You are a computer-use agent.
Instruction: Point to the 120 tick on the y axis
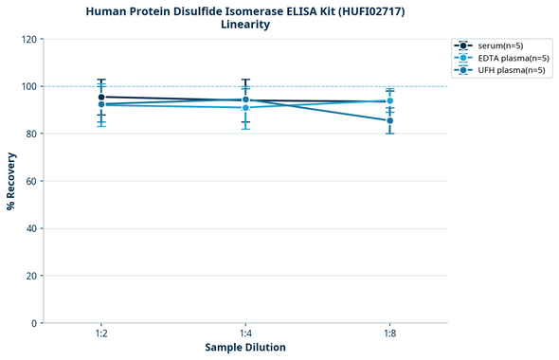(x=28, y=39)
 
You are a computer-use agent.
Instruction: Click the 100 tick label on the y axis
(x=28, y=86)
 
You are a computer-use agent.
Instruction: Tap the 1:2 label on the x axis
(x=101, y=334)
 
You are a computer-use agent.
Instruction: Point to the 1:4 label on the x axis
(x=245, y=334)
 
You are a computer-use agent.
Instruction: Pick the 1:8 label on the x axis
(x=389, y=334)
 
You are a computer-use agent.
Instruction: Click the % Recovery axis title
(x=11, y=181)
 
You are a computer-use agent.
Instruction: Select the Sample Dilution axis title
(x=245, y=348)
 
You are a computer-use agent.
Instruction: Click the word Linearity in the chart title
(x=245, y=25)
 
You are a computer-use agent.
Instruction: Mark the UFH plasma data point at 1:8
(x=389, y=120)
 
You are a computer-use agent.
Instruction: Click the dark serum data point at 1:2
(x=101, y=97)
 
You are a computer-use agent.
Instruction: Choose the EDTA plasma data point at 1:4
(x=245, y=107)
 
